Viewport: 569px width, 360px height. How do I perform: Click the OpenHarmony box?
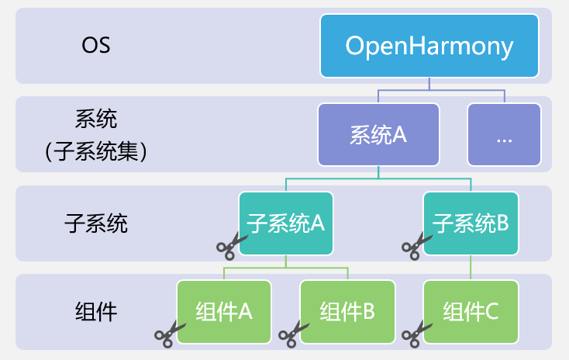(x=429, y=47)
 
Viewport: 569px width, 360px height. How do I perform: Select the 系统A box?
(x=378, y=135)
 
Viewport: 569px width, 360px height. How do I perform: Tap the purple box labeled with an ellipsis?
(x=504, y=135)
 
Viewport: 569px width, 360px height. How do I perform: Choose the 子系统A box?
(x=286, y=223)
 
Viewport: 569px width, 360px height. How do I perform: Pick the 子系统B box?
(x=471, y=223)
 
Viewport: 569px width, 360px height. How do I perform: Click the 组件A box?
(x=225, y=312)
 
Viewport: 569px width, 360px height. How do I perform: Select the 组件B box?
(x=347, y=312)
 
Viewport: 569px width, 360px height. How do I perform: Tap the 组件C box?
(x=471, y=312)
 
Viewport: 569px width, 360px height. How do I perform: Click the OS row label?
(x=96, y=45)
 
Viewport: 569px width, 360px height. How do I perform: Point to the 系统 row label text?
(x=96, y=119)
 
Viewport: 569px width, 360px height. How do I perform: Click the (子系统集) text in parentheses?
(x=96, y=151)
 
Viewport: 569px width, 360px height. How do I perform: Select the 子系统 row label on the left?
(x=96, y=224)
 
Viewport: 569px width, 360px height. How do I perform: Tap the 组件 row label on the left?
(x=96, y=313)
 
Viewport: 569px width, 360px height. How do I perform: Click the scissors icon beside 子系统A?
(x=230, y=246)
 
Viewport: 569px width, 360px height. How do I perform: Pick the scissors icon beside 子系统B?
(x=415, y=246)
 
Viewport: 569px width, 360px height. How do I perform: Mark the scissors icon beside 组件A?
(x=169, y=334)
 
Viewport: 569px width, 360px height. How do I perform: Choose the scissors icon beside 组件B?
(x=292, y=334)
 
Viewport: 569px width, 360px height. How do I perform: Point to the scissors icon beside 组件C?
(x=415, y=334)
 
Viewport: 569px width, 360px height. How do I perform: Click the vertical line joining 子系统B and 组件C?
(x=471, y=268)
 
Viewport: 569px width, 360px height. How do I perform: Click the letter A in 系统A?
(x=400, y=135)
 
